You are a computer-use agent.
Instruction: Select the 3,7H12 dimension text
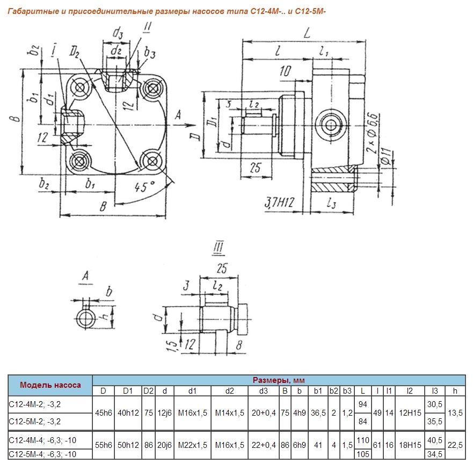pyautogui.click(x=280, y=203)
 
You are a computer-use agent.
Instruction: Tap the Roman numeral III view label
pyautogui.click(x=218, y=248)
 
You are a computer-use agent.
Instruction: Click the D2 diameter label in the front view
pyautogui.click(x=75, y=52)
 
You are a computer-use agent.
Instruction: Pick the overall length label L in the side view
pyautogui.click(x=306, y=34)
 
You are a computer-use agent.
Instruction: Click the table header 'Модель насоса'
pyautogui.click(x=50, y=385)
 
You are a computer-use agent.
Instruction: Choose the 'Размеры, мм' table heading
pyautogui.click(x=279, y=380)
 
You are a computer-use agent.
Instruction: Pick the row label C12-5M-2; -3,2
pyautogui.click(x=35, y=421)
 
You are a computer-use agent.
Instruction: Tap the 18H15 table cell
pyautogui.click(x=410, y=445)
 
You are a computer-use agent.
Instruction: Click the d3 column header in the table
pyautogui.click(x=263, y=391)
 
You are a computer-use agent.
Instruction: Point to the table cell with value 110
pyautogui.click(x=363, y=440)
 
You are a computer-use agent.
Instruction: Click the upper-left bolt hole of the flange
pyautogui.click(x=81, y=88)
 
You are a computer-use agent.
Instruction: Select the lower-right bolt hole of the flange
pyautogui.click(x=151, y=160)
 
